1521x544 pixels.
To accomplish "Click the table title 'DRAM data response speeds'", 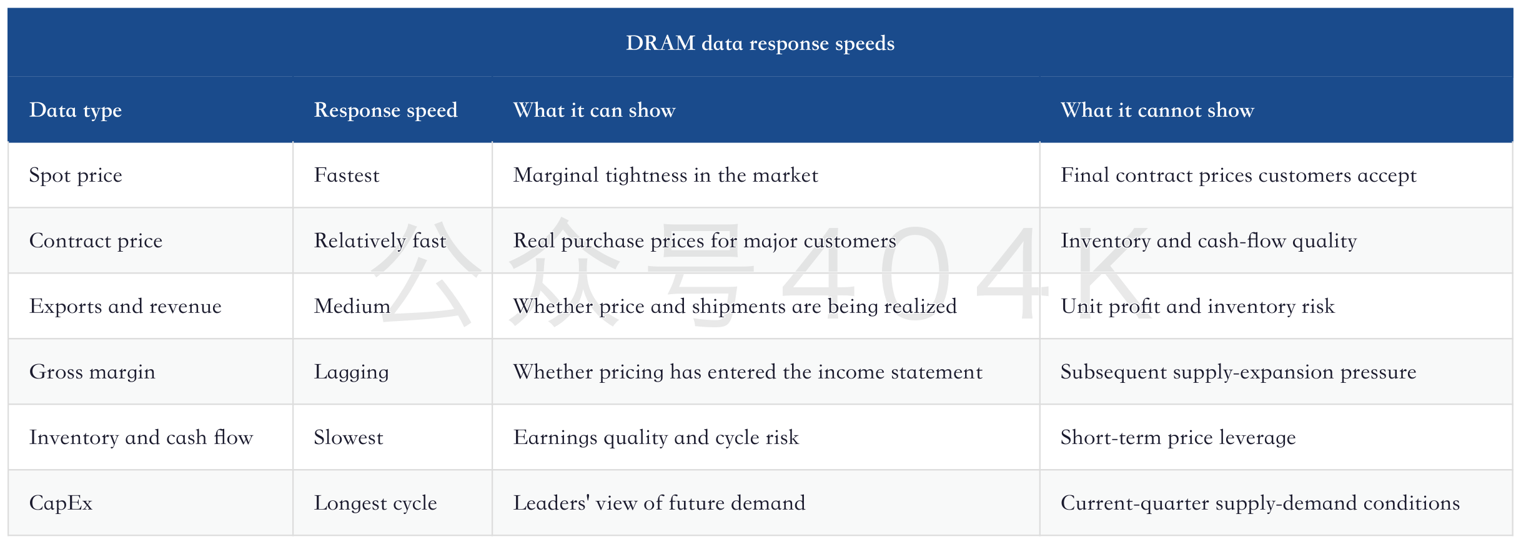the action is (760, 43).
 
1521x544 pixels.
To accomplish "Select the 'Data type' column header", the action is (76, 111).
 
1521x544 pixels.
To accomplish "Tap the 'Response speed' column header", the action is (385, 111).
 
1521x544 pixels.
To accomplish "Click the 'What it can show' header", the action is (594, 110).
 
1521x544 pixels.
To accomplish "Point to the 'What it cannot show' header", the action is (1157, 110).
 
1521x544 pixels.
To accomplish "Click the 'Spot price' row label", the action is (76, 176).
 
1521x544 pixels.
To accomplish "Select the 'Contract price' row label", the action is (96, 241).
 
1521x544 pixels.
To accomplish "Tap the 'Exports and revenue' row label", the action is (125, 306).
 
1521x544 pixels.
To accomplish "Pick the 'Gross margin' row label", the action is (92, 372).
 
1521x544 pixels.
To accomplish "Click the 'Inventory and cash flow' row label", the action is (141, 437).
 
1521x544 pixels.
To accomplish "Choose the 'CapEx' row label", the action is (61, 503).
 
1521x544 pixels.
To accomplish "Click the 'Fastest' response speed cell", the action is (347, 176).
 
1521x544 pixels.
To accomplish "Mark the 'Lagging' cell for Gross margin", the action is (351, 372).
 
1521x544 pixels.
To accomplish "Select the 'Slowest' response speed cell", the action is (349, 437).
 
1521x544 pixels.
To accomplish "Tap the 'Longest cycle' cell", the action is (375, 503).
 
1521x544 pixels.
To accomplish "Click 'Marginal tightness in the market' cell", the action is (665, 176).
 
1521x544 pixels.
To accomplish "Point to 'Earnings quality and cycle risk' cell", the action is (656, 438).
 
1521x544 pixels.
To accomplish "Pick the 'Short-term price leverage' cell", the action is (1178, 438).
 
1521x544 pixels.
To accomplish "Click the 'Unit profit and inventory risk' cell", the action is (1197, 307).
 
